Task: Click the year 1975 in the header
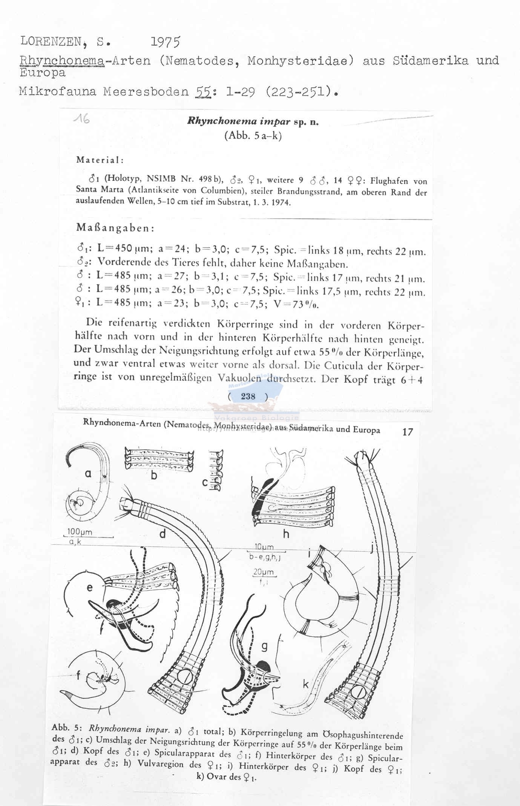(x=165, y=43)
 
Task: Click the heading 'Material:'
(x=100, y=160)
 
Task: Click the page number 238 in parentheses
(x=248, y=396)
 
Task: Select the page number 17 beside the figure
(x=408, y=432)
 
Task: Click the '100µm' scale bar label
(x=80, y=532)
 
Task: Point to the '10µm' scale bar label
(x=264, y=547)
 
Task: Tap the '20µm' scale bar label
(x=263, y=572)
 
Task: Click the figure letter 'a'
(x=88, y=474)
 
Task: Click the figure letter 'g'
(x=264, y=646)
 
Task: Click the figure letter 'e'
(x=89, y=588)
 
